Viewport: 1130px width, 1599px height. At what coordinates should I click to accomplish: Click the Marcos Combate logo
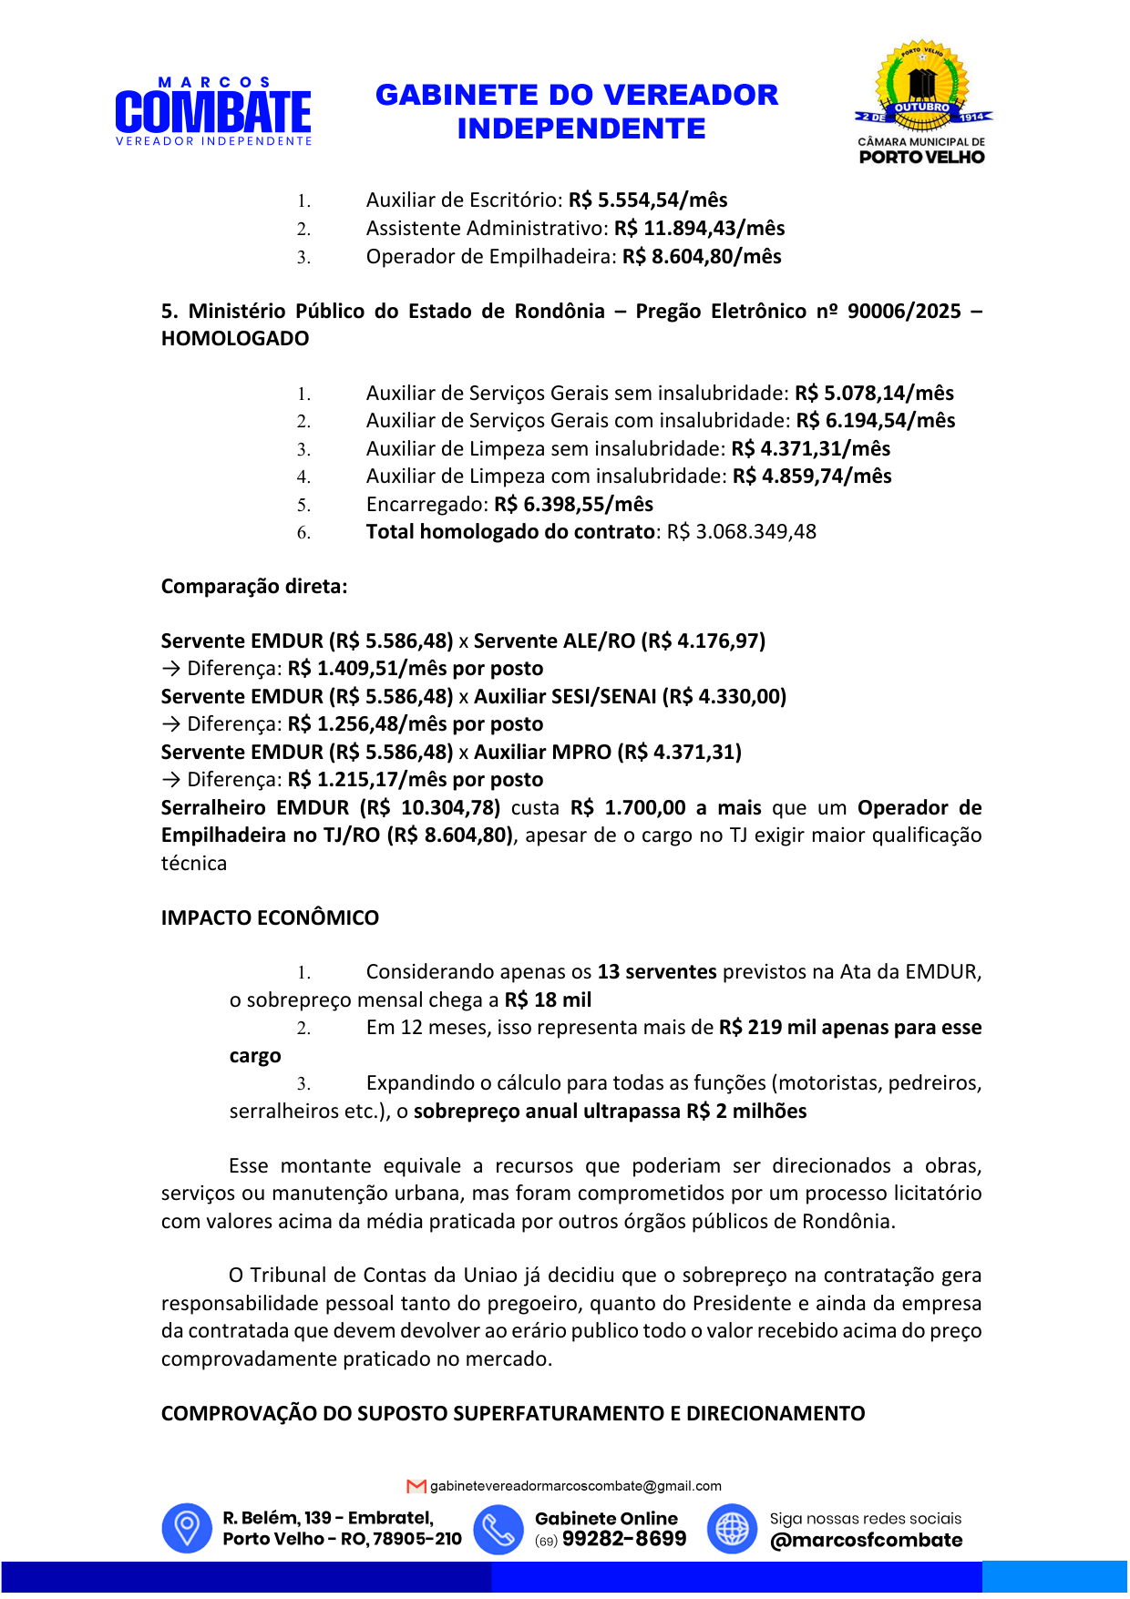(213, 112)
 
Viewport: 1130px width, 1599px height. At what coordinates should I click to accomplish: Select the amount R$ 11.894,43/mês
(699, 229)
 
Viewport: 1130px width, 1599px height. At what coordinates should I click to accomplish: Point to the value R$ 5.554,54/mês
(648, 200)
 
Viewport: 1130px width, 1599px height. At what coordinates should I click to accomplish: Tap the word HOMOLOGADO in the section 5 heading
(235, 339)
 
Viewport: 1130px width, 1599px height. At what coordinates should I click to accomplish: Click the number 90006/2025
(904, 312)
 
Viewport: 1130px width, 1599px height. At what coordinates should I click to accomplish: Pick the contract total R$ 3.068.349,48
(741, 532)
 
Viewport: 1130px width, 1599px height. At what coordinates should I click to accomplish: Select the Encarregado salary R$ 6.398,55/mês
(573, 505)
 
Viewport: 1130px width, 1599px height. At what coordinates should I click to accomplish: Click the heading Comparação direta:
(254, 587)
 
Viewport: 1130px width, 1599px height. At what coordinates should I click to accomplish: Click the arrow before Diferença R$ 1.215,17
(170, 780)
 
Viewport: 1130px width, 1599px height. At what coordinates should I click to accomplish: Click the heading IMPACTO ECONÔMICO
(270, 918)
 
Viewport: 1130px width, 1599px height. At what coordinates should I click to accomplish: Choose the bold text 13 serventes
(657, 972)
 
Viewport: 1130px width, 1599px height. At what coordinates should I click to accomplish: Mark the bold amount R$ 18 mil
(548, 1000)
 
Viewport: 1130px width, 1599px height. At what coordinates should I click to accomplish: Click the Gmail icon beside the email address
(416, 1486)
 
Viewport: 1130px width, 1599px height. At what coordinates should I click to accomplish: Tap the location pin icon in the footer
(187, 1528)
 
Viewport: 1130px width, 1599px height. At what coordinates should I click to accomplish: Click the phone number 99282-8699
(624, 1539)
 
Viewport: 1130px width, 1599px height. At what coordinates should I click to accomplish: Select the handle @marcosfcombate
(866, 1541)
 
